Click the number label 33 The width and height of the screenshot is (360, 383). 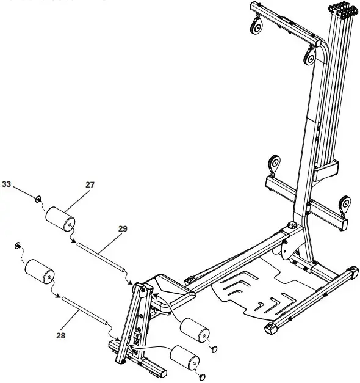[7, 183]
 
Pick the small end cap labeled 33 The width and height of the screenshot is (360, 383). [38, 199]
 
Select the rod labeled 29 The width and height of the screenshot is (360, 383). [101, 256]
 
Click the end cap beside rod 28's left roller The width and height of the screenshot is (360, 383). [17, 246]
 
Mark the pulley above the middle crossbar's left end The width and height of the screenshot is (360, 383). [274, 164]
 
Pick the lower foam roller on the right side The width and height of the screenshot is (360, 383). [185, 358]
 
